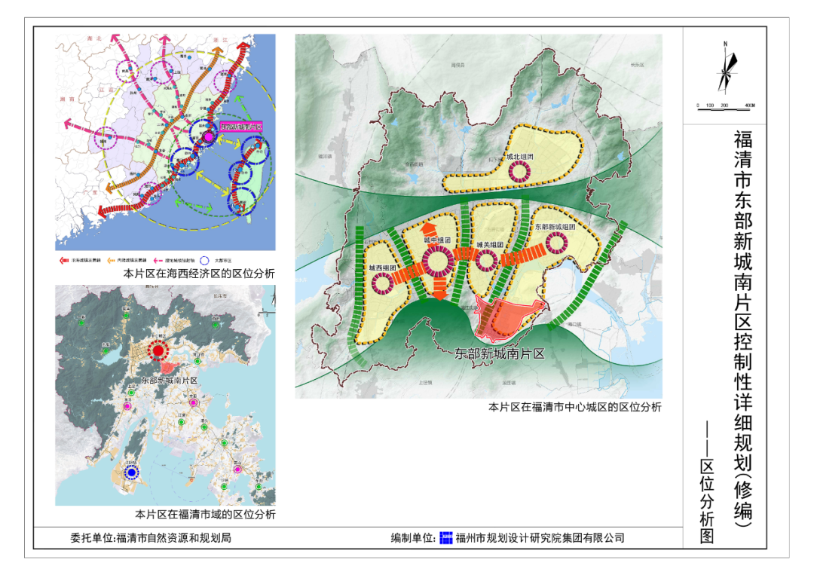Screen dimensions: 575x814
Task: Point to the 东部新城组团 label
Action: pyautogui.click(x=555, y=227)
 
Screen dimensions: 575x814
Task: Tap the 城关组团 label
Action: pyautogui.click(x=489, y=245)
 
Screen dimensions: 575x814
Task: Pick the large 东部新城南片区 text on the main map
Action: pyautogui.click(x=500, y=353)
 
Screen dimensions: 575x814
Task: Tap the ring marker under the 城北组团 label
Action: pyautogui.click(x=519, y=172)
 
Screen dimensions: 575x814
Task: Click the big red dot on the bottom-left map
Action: pyautogui.click(x=158, y=350)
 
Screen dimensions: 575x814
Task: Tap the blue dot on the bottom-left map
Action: pyautogui.click(x=133, y=473)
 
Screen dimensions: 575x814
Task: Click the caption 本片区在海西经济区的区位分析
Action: pyautogui.click(x=199, y=274)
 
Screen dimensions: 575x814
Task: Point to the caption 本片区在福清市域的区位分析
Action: pyautogui.click(x=205, y=515)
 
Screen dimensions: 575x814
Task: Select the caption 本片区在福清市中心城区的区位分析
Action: pyautogui.click(x=574, y=407)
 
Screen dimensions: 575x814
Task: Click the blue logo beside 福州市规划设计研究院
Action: pyautogui.click(x=446, y=537)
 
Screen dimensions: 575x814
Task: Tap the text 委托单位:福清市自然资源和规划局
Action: pyautogui.click(x=151, y=538)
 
